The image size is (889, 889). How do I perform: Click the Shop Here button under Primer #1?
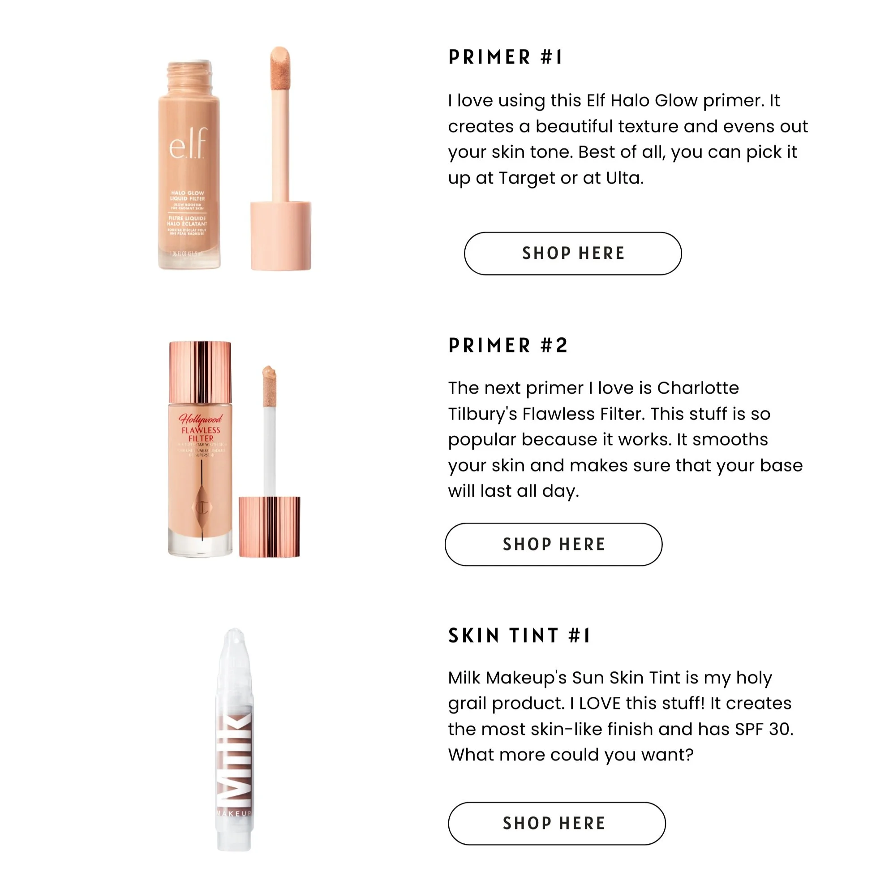point(572,253)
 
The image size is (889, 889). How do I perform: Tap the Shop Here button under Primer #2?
point(553,544)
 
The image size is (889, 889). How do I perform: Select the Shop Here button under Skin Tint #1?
point(556,823)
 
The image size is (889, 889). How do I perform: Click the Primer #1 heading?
point(505,57)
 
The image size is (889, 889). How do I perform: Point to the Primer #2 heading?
point(508,345)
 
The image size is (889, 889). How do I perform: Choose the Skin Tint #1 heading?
point(519,636)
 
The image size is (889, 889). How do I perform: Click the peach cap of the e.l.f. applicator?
point(281,235)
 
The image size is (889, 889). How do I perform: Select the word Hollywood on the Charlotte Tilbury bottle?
point(200,419)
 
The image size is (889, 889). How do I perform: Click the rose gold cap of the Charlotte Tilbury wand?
point(269,526)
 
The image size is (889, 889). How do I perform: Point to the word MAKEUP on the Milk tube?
point(234,814)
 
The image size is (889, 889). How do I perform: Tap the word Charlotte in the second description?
point(698,388)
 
